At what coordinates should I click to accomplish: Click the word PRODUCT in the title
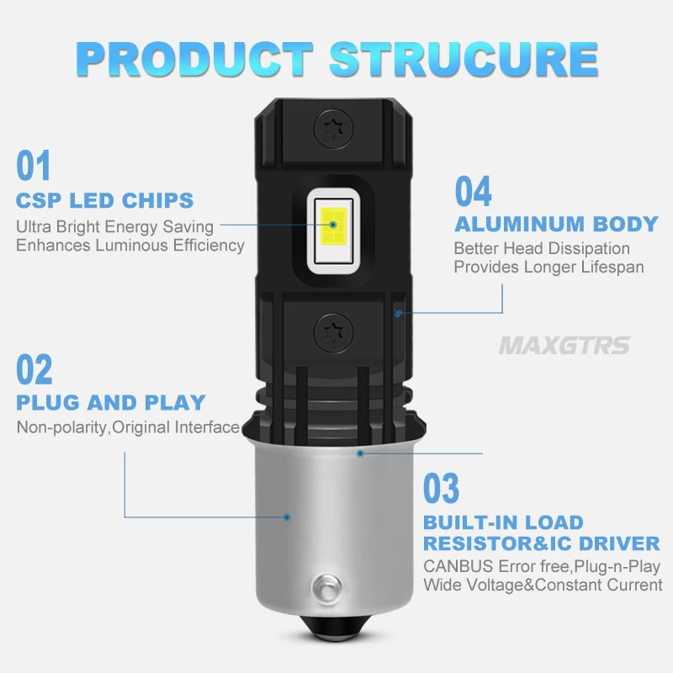pos(194,57)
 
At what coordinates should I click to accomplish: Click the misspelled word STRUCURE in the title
pos(462,57)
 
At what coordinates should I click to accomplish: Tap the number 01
pos(34,166)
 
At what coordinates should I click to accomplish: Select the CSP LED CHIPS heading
pos(105,201)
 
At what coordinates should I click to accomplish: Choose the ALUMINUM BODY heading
pos(556,224)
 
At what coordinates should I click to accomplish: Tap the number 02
pos(34,370)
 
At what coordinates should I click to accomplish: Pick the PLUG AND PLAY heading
pos(111,403)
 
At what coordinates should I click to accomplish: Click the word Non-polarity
pos(63,427)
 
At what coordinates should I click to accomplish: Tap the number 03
pos(442,489)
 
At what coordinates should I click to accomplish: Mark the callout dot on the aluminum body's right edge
pos(399,313)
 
